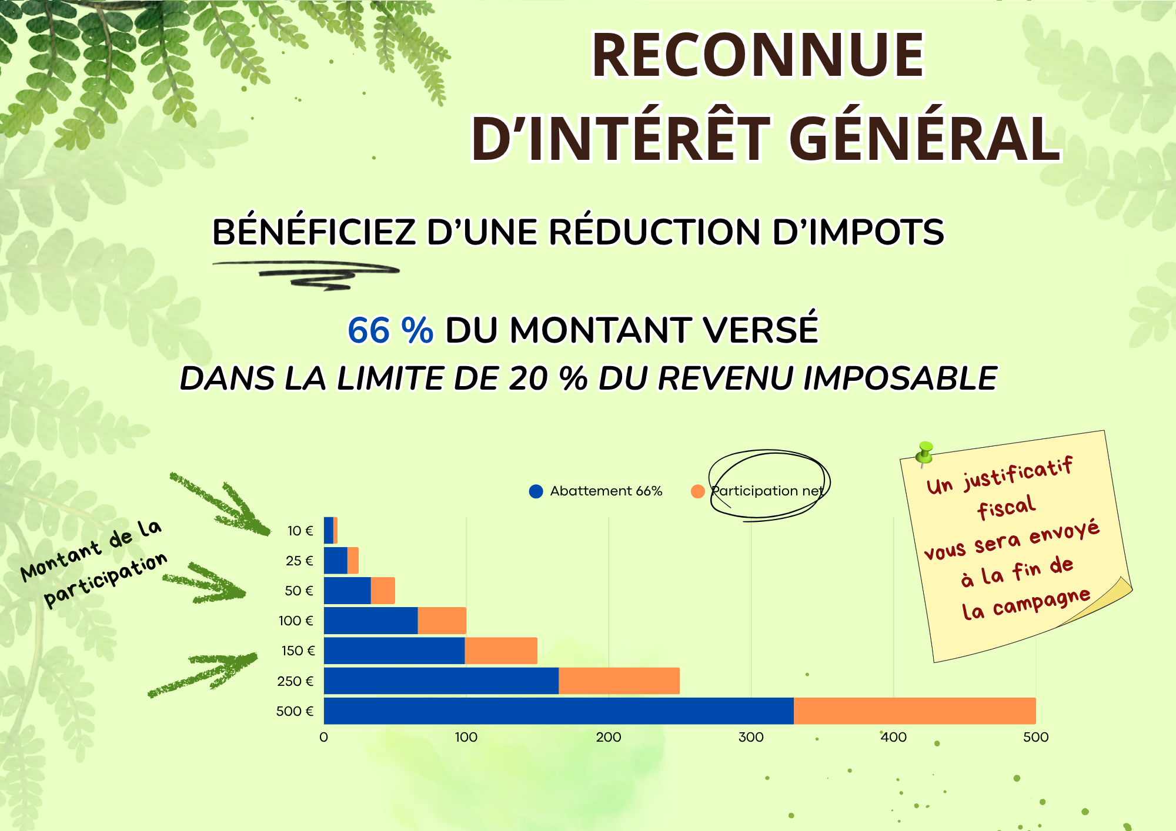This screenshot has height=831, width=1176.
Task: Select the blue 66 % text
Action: pyautogui.click(x=390, y=330)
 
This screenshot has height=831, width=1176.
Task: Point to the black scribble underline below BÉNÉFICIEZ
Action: pyautogui.click(x=306, y=274)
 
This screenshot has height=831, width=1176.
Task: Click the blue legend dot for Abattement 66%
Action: pyautogui.click(x=536, y=491)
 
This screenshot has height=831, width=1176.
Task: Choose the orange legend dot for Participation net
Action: pyautogui.click(x=697, y=491)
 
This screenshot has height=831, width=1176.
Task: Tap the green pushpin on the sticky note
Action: pyautogui.click(x=924, y=453)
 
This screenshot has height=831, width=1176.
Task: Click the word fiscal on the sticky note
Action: pyautogui.click(x=1006, y=507)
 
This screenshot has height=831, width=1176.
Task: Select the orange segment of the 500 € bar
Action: pyautogui.click(x=914, y=711)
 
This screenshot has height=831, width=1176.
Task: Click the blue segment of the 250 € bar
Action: pyautogui.click(x=441, y=681)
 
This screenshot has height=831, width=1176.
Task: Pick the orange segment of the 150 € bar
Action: pyautogui.click(x=501, y=651)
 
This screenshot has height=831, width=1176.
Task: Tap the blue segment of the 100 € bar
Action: pyautogui.click(x=370, y=621)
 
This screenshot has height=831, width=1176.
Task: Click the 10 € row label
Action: pyautogui.click(x=300, y=531)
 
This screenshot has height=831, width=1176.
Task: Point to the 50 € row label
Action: pyautogui.click(x=299, y=591)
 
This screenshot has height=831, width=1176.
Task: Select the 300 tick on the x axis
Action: pyautogui.click(x=751, y=737)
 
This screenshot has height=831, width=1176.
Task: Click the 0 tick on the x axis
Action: pyautogui.click(x=324, y=737)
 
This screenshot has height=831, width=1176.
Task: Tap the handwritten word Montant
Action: pyautogui.click(x=61, y=561)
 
